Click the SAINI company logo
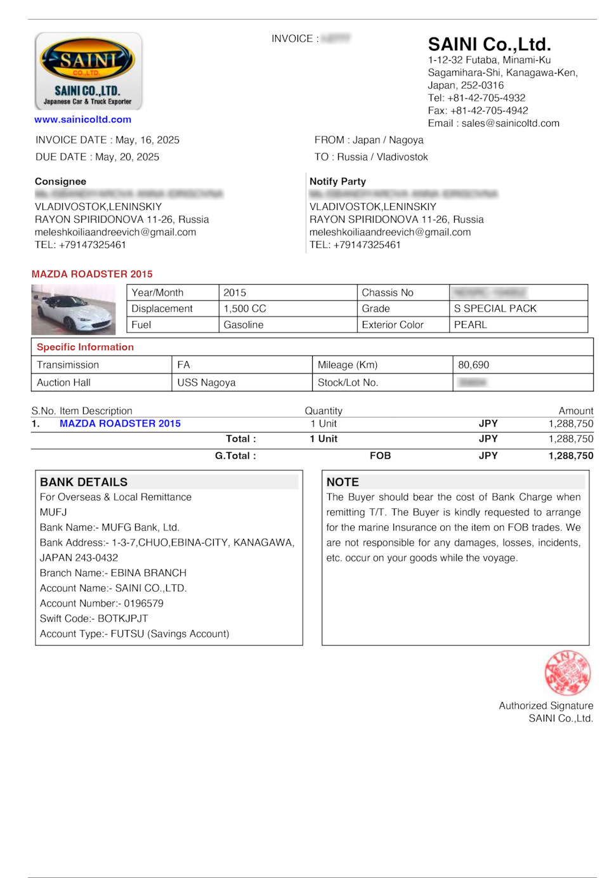click(x=88, y=71)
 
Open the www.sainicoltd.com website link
click(x=83, y=119)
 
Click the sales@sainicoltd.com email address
click(x=510, y=123)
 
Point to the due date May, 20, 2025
click(x=127, y=157)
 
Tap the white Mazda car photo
click(x=74, y=310)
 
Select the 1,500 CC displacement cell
click(x=245, y=308)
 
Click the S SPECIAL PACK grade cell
click(x=495, y=308)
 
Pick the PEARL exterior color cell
click(x=471, y=325)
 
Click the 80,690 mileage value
click(x=474, y=365)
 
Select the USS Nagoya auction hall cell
click(x=206, y=383)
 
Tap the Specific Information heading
click(x=85, y=347)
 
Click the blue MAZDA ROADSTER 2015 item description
click(x=120, y=423)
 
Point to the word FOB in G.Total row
click(x=380, y=455)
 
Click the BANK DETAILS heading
click(x=84, y=482)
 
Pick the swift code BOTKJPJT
click(x=122, y=619)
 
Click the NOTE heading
click(x=343, y=482)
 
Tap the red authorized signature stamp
click(x=567, y=673)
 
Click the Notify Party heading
click(x=337, y=181)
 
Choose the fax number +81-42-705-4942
click(x=489, y=110)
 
